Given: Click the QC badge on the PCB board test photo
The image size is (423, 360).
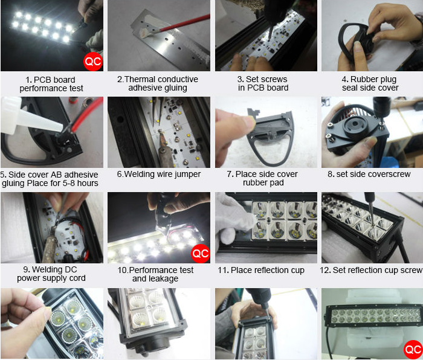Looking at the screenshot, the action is click(x=93, y=62).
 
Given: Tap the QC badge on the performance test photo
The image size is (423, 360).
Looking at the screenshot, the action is click(x=201, y=254).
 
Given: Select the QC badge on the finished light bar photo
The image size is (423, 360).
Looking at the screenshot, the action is click(x=413, y=350).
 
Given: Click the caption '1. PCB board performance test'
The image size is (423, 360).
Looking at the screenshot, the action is click(x=51, y=84).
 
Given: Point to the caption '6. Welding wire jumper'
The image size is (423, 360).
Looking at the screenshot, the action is click(x=159, y=174).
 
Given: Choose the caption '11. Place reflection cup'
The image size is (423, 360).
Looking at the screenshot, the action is click(x=261, y=270).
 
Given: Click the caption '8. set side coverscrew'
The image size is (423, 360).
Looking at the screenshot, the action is click(x=369, y=174).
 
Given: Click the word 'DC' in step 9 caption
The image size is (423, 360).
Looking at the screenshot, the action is click(x=71, y=269).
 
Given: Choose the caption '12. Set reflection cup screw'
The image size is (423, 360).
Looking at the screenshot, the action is click(x=371, y=270).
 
